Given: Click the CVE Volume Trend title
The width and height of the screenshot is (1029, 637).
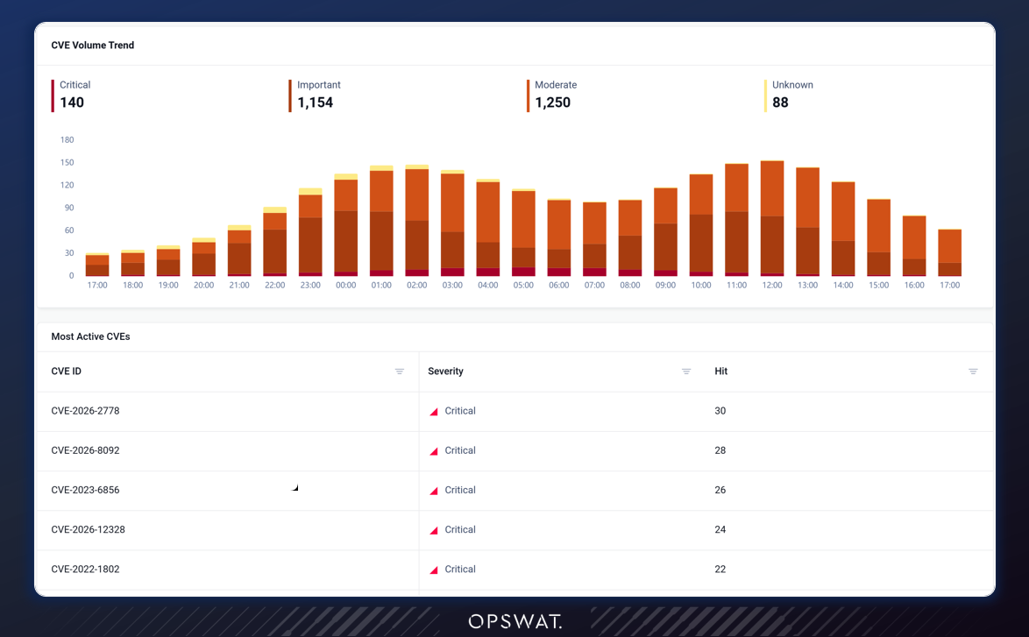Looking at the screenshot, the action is [93, 46].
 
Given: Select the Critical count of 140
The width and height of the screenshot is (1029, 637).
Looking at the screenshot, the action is [72, 103].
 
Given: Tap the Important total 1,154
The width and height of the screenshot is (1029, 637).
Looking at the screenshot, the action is [315, 103].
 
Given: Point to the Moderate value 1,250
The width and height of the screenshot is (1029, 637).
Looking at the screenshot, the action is [552, 103].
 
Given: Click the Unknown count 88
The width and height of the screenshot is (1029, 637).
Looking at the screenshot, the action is [780, 103].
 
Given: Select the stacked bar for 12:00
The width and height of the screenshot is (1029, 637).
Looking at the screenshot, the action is [772, 218].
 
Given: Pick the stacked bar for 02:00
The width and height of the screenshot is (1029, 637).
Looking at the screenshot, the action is [416, 220].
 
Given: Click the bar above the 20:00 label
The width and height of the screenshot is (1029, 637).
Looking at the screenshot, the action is [204, 257].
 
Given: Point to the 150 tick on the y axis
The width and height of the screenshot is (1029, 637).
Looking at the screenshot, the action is [67, 163].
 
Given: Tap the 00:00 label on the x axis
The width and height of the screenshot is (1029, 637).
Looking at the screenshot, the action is [346, 286].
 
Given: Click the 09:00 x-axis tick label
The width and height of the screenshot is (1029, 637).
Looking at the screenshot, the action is [665, 286].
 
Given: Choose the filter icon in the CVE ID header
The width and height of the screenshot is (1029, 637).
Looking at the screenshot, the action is [400, 372].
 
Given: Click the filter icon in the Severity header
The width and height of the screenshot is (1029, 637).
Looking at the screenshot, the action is [686, 372].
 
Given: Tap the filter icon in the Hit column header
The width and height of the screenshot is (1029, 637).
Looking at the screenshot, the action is [973, 372].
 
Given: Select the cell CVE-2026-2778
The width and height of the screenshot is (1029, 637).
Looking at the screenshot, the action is [85, 411].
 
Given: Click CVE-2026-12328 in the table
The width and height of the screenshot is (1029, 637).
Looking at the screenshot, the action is [88, 529].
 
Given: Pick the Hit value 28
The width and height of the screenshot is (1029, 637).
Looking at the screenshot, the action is [720, 450].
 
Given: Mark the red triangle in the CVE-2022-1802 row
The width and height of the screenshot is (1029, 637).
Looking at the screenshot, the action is [435, 570].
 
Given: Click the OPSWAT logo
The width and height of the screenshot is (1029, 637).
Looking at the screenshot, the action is [515, 621].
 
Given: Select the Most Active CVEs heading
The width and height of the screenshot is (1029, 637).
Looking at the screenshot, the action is [90, 336].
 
